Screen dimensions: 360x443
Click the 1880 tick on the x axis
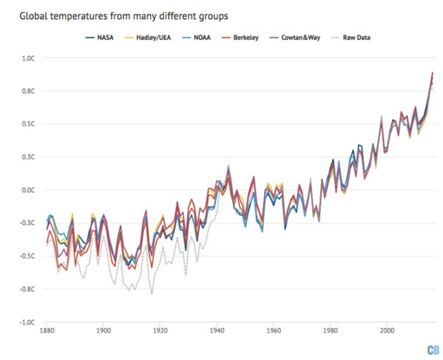pos(47,331)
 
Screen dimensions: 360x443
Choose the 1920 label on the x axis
pos(160,331)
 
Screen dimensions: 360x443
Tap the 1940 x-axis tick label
pos(217,331)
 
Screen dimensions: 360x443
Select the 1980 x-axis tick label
pos(330,331)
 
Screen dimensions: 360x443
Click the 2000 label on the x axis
pos(387,331)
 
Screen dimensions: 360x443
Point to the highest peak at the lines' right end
pos(432,72)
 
